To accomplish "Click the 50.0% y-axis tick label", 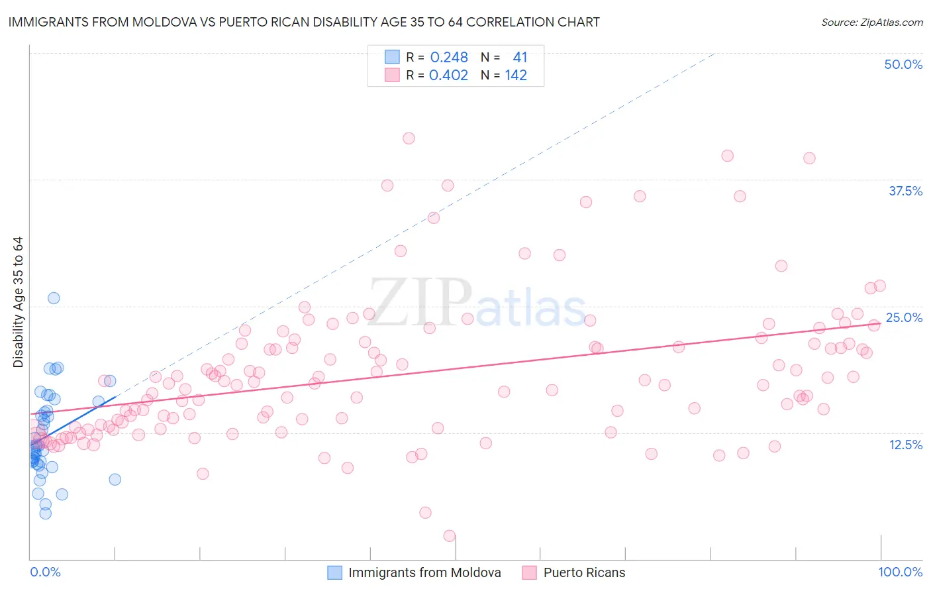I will (x=903, y=64).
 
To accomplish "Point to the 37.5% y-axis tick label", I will (x=905, y=191).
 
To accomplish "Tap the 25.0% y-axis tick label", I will (x=904, y=317).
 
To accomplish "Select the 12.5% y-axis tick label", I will (x=905, y=445).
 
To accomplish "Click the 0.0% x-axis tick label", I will (x=45, y=572).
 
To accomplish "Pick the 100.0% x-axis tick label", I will (x=900, y=572).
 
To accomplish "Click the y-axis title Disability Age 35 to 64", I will (x=18, y=302).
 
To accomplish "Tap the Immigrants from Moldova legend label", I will (x=424, y=572).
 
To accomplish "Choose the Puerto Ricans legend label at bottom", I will (x=584, y=572).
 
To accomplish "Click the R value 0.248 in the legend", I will (x=449, y=58).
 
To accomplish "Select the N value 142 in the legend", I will (x=516, y=76).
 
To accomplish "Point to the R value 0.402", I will (x=448, y=76).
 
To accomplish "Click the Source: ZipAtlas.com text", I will (x=871, y=23).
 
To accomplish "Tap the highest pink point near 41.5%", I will (x=409, y=138).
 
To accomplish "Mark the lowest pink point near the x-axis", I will (x=450, y=536).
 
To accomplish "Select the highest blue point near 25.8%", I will (x=54, y=298).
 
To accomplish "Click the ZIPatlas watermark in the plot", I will (x=477, y=304).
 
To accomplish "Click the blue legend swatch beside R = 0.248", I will (x=392, y=57).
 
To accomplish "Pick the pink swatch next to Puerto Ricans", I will (x=529, y=572).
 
